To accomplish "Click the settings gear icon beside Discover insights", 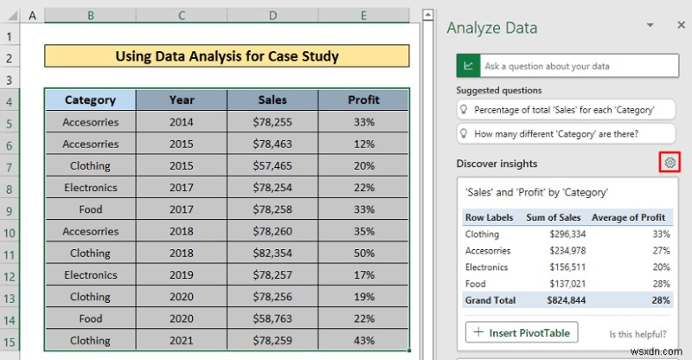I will pyautogui.click(x=667, y=163).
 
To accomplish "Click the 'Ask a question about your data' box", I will pyautogui.click(x=574, y=66).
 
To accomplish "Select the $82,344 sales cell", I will pyautogui.click(x=272, y=253).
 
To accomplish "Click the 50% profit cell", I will pyautogui.click(x=364, y=253).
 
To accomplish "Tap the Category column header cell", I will pyautogui.click(x=90, y=100).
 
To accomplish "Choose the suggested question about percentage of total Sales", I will pyautogui.click(x=564, y=110).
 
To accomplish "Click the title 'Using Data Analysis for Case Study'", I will pyautogui.click(x=227, y=57).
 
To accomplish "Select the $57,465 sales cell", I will pyautogui.click(x=272, y=165).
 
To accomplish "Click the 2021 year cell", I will pyautogui.click(x=182, y=340).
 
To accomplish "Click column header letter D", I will pyautogui.click(x=272, y=16).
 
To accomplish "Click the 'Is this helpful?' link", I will pyautogui.click(x=638, y=333).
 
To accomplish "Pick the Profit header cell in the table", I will pyautogui.click(x=364, y=100).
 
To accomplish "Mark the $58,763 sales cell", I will pyautogui.click(x=272, y=318).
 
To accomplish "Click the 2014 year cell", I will pyautogui.click(x=182, y=122).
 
